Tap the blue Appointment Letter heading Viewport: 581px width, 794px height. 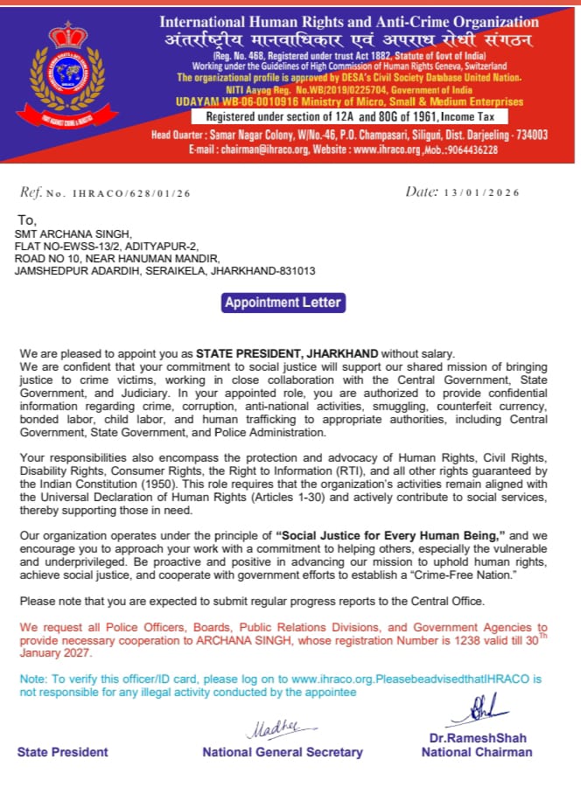[x=283, y=303]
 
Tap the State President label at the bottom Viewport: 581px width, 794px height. [x=63, y=752]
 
